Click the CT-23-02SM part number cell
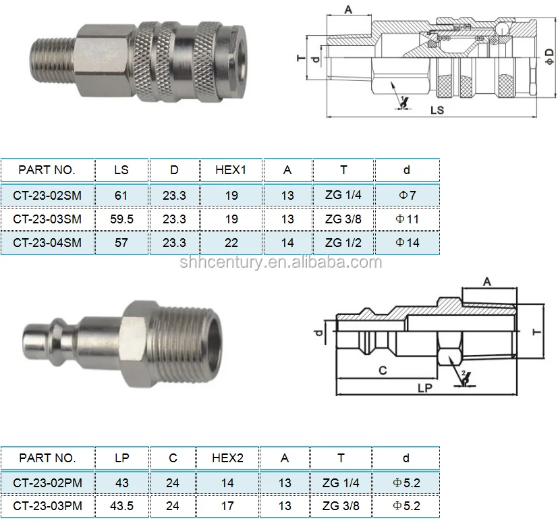pyautogui.click(x=47, y=196)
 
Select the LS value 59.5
pyautogui.click(x=121, y=219)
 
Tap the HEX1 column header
pyautogui.click(x=231, y=170)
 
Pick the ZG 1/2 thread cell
pyautogui.click(x=343, y=243)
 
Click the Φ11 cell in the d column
pyautogui.click(x=407, y=219)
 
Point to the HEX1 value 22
pyautogui.click(x=231, y=243)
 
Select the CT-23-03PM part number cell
pyautogui.click(x=47, y=506)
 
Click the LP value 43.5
pyautogui.click(x=122, y=506)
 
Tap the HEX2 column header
pyautogui.click(x=227, y=458)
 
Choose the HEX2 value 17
pyautogui.click(x=227, y=506)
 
